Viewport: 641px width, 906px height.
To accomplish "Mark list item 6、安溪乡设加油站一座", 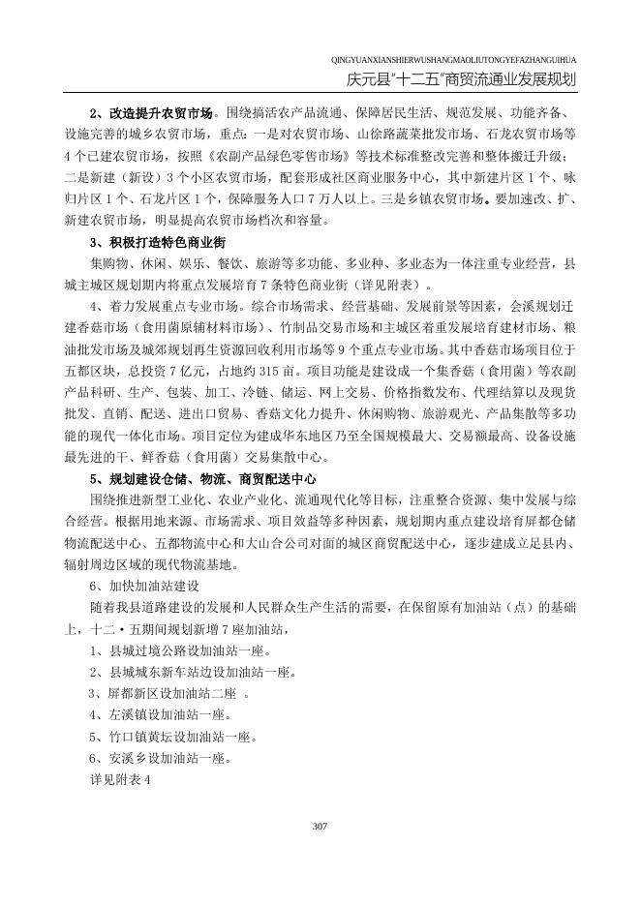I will [x=158, y=758].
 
